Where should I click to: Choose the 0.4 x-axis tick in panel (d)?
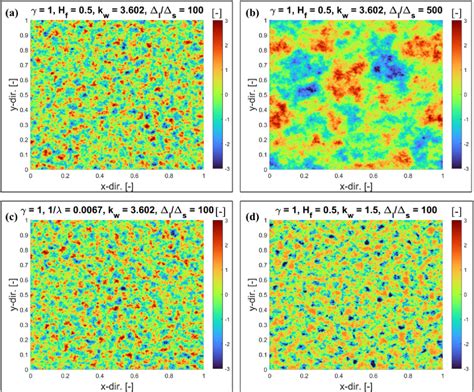pos(337,374)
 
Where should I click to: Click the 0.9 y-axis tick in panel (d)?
pos(263,233)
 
